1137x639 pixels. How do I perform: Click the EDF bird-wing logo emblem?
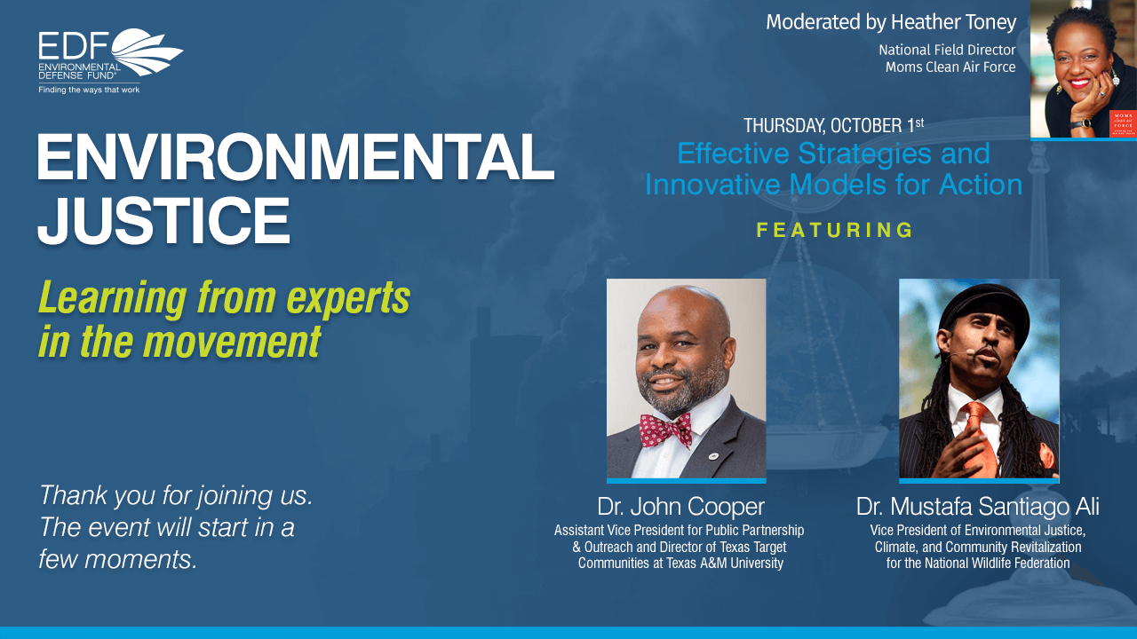tap(147, 51)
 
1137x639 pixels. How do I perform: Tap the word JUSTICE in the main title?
tap(163, 221)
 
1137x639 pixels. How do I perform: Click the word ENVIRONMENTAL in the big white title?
tap(296, 157)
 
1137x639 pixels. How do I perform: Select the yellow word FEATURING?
tap(834, 230)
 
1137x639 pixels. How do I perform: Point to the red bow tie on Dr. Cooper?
tap(665, 430)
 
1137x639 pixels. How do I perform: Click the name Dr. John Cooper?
tap(680, 506)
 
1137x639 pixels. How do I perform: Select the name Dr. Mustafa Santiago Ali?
tap(978, 506)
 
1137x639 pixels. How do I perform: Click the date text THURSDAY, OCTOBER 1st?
tap(833, 125)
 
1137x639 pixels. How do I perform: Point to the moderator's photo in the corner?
tap(1083, 68)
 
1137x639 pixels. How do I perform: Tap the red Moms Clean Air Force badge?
tap(1123, 123)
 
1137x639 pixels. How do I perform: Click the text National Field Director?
tap(947, 50)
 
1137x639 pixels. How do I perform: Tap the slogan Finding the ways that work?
tap(89, 90)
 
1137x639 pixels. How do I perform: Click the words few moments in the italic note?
tap(118, 559)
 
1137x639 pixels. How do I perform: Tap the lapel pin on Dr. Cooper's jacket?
tap(713, 456)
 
